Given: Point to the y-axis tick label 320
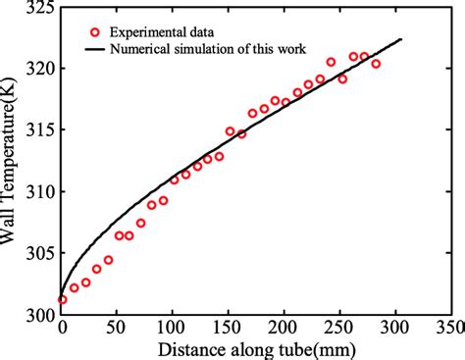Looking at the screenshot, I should point(43,69).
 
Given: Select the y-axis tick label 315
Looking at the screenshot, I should point(43,130).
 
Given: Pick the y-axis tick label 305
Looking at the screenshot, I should point(43,253).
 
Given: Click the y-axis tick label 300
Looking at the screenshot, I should point(43,314).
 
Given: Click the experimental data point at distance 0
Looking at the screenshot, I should point(62,300).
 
